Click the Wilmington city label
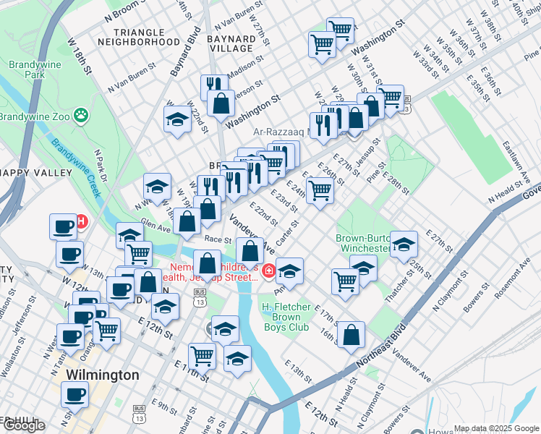coord(102,375)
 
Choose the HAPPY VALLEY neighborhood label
coord(38,173)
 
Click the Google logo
coord(24,425)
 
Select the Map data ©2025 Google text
coord(497,428)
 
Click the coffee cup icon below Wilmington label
coord(75,395)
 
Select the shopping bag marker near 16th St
coord(351,335)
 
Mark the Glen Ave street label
coord(155,226)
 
